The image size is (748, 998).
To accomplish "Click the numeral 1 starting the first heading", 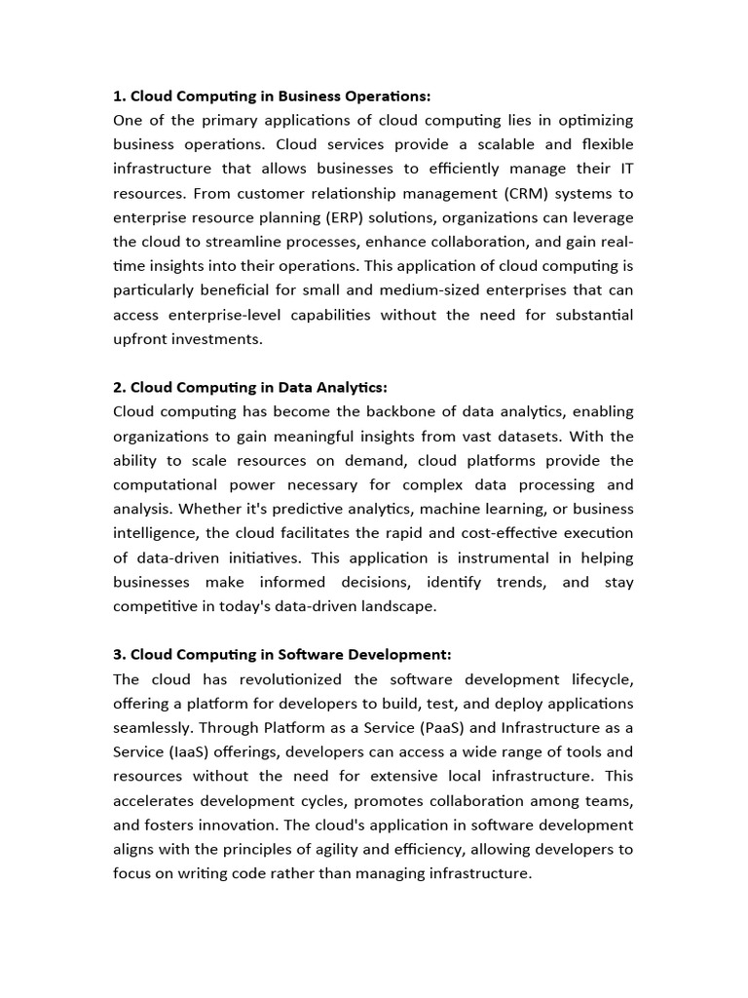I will pyautogui.click(x=118, y=96).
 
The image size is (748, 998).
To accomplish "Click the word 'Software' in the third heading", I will pyautogui.click(x=310, y=654).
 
